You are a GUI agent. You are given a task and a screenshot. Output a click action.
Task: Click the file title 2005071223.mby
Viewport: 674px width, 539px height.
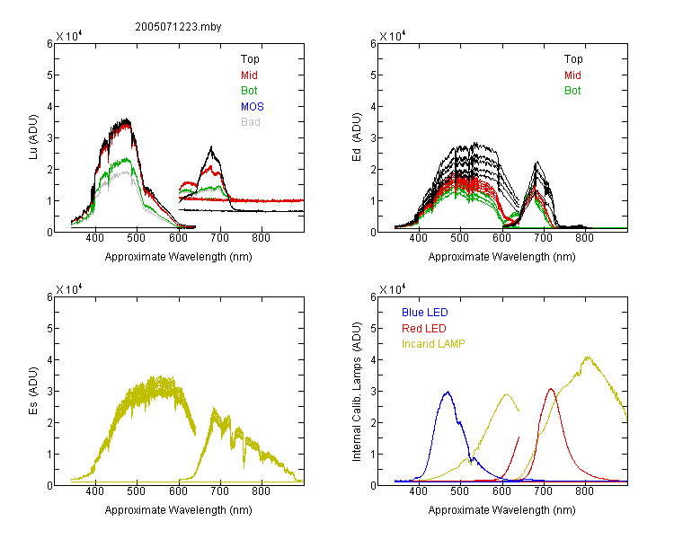pyautogui.click(x=178, y=27)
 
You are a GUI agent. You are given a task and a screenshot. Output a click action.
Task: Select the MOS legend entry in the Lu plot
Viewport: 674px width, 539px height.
pyautogui.click(x=253, y=107)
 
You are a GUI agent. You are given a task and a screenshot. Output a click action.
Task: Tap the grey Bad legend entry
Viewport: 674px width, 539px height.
pyautogui.click(x=251, y=122)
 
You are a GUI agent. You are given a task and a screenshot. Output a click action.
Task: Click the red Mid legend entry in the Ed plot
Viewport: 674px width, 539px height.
pyautogui.click(x=572, y=75)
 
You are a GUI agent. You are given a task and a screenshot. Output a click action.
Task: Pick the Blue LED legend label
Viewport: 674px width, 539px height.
pyautogui.click(x=425, y=313)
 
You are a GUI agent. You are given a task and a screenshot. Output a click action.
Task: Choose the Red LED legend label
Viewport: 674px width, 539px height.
pyautogui.click(x=424, y=329)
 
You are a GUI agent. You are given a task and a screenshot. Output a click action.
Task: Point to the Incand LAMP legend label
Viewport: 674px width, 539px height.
pyautogui.click(x=433, y=344)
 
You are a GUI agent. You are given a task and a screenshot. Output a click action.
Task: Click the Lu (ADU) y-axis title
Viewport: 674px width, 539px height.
pyautogui.click(x=33, y=137)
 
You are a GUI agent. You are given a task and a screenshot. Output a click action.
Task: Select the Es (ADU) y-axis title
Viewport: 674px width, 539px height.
pyautogui.click(x=33, y=391)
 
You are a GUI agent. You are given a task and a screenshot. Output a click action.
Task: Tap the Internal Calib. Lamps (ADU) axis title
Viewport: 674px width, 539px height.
pyautogui.click(x=357, y=392)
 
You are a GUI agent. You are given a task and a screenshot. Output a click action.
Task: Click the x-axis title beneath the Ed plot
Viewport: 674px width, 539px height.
pyautogui.click(x=501, y=257)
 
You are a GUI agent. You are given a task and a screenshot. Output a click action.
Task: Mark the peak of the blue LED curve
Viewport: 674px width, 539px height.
pyautogui.click(x=448, y=392)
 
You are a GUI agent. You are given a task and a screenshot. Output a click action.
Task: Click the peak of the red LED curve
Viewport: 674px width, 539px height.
pyautogui.click(x=551, y=389)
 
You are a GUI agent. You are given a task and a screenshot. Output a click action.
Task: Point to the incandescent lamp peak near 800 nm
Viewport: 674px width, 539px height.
pyautogui.click(x=588, y=357)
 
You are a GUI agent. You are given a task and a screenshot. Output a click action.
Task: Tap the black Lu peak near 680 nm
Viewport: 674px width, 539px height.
pyautogui.click(x=211, y=147)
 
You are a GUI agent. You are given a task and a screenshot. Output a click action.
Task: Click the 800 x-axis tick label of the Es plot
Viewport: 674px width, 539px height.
pyautogui.click(x=261, y=491)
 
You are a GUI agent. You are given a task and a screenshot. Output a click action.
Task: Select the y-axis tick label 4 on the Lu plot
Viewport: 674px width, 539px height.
pyautogui.click(x=49, y=107)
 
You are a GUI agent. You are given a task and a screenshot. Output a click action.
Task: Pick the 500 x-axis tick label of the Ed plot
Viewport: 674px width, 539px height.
pyautogui.click(x=460, y=238)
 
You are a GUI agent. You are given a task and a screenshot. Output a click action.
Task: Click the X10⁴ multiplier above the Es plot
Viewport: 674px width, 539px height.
pyautogui.click(x=69, y=289)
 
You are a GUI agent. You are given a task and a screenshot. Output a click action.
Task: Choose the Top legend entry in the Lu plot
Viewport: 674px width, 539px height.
pyautogui.click(x=250, y=59)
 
